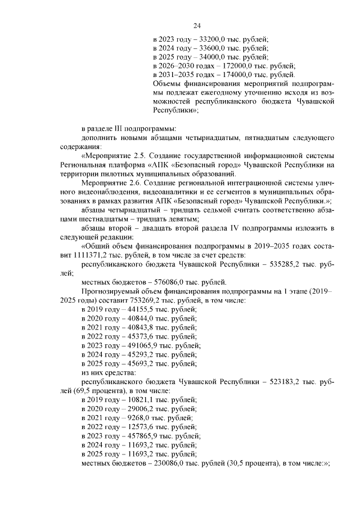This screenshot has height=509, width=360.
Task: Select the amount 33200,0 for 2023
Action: click(214, 39)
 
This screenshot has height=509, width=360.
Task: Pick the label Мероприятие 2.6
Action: click(111, 182)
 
